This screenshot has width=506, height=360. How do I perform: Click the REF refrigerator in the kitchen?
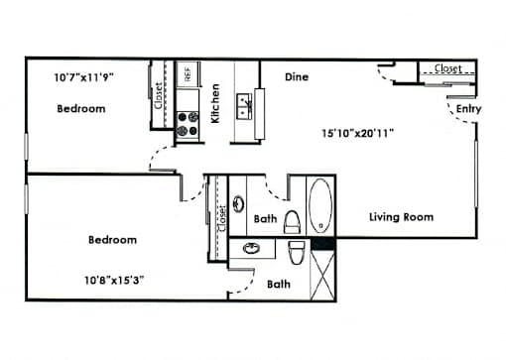188,74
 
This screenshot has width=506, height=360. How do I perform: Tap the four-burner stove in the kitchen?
188,124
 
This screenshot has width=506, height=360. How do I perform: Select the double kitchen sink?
245,106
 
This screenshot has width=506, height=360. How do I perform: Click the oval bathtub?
320,205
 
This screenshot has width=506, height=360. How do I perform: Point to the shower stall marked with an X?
323,275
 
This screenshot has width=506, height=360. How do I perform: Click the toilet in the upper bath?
293,222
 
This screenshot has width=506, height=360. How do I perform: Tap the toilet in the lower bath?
297,252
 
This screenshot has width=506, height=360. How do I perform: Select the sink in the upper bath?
238,203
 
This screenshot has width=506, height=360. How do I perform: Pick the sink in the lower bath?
252,248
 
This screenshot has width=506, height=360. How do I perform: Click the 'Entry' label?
468,109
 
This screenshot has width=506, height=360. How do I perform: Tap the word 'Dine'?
297,77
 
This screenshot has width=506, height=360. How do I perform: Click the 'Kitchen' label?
215,103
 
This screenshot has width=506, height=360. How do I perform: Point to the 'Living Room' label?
401,217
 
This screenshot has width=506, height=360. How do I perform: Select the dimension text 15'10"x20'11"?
357,133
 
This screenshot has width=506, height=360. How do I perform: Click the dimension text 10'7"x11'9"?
83,77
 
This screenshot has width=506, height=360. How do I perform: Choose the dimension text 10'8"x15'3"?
114,281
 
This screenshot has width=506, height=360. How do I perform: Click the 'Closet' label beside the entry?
447,68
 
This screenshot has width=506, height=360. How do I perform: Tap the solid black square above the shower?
323,243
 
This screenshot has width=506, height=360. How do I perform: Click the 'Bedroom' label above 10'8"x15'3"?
112,240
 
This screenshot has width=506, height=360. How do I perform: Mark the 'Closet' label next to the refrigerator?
159,96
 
